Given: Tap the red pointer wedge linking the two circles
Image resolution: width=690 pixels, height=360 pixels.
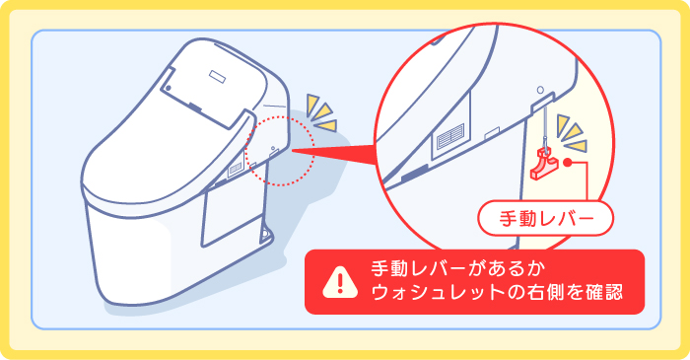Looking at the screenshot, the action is [340, 155].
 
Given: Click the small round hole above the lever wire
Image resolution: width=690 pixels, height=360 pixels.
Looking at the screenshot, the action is [540, 101].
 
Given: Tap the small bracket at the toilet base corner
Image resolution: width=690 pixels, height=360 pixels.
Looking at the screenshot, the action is [265, 234].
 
